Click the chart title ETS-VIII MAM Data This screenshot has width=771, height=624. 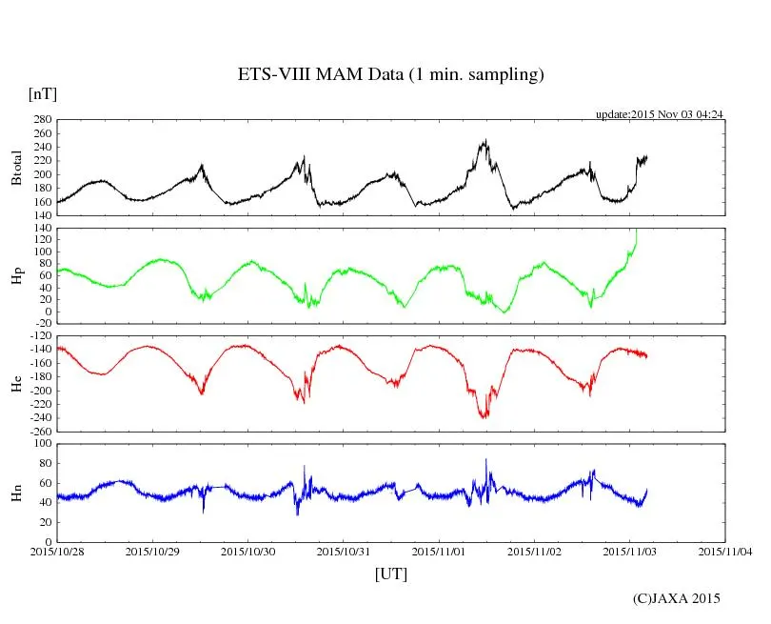(x=390, y=75)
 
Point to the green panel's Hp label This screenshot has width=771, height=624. (x=16, y=276)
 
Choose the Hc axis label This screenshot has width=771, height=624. (x=16, y=384)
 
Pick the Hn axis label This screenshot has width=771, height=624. (x=16, y=492)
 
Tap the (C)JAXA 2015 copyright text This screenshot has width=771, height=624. (x=677, y=598)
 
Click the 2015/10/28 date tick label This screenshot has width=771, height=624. (x=57, y=551)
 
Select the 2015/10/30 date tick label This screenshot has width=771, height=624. (x=248, y=551)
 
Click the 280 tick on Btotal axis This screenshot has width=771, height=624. (x=41, y=120)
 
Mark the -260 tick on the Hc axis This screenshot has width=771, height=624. (x=39, y=431)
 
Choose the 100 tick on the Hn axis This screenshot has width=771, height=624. (x=41, y=444)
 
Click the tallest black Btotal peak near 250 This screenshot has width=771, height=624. (x=485, y=141)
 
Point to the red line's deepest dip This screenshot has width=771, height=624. (x=484, y=417)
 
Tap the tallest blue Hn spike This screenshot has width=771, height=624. (x=485, y=459)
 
